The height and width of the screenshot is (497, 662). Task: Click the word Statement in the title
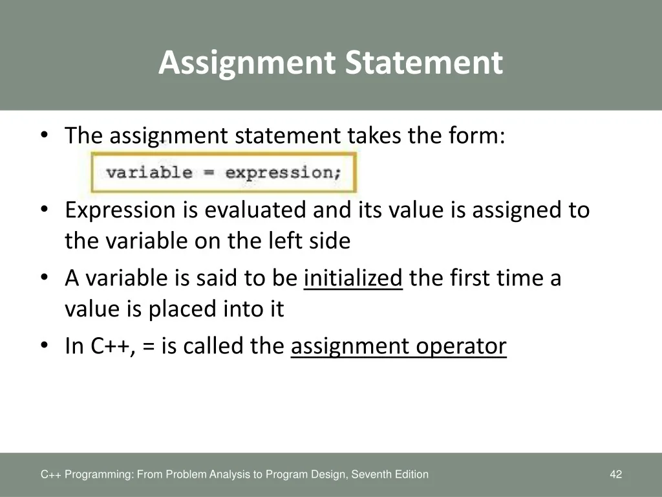424,62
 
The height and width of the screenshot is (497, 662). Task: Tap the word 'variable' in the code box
149,172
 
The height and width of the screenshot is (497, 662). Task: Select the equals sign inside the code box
209,172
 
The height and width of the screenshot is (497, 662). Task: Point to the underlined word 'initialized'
354,278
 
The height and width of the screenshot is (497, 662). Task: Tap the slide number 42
616,474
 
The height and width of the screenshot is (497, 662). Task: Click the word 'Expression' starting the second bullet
120,211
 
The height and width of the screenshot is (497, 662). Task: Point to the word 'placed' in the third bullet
182,309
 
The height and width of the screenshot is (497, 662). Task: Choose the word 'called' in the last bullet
213,346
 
